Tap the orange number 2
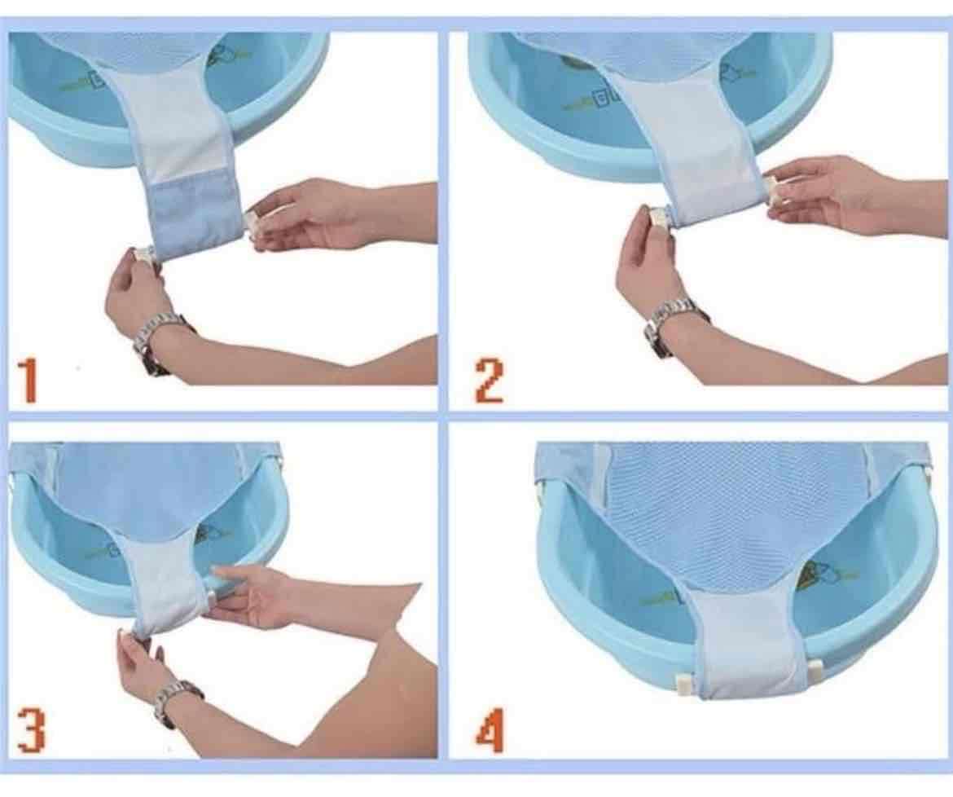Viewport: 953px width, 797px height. pyautogui.click(x=489, y=382)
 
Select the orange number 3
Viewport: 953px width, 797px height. pyautogui.click(x=31, y=731)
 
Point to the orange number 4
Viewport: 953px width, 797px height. pyautogui.click(x=489, y=732)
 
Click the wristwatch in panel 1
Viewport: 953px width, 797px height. pyautogui.click(x=158, y=340)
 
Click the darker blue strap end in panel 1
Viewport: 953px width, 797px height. pyautogui.click(x=195, y=216)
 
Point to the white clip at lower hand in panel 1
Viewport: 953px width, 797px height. pyautogui.click(x=145, y=255)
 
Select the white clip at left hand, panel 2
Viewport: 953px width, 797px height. pyautogui.click(x=658, y=218)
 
